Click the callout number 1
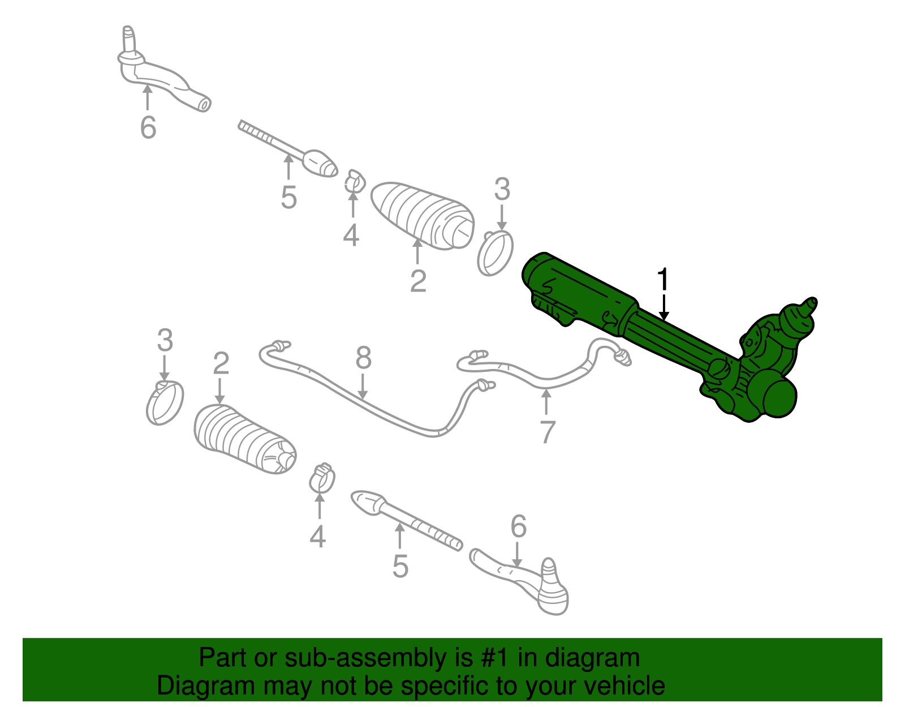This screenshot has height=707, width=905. pyautogui.click(x=662, y=280)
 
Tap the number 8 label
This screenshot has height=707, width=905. pyautogui.click(x=363, y=358)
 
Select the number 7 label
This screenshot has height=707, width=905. pyautogui.click(x=547, y=432)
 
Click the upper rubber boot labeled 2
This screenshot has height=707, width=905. pyautogui.click(x=421, y=215)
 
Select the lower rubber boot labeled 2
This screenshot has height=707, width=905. pyautogui.click(x=243, y=439)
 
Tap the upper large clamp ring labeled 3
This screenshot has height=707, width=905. pyautogui.click(x=495, y=254)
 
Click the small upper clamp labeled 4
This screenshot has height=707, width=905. pyautogui.click(x=355, y=182)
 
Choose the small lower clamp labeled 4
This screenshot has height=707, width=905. pyautogui.click(x=322, y=479)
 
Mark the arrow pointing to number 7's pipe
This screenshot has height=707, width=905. pyautogui.click(x=546, y=403)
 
